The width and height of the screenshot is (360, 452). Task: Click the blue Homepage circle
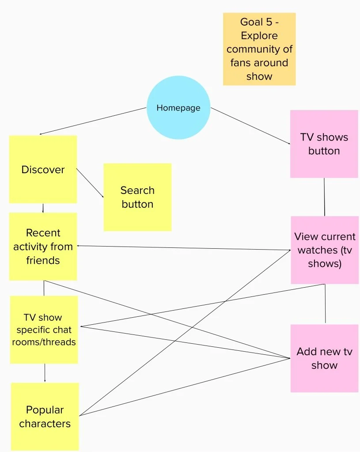(178, 108)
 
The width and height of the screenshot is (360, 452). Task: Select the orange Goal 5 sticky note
(259, 49)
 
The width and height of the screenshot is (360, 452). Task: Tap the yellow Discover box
(43, 169)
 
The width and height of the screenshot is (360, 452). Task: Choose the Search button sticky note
(137, 197)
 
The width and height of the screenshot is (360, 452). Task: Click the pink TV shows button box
(324, 144)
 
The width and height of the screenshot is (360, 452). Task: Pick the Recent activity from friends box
(43, 247)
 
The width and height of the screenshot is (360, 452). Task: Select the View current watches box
(325, 250)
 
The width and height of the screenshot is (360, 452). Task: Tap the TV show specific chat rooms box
(44, 330)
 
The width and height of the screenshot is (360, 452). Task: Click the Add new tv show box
(324, 358)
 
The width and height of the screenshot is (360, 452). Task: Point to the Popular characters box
(45, 417)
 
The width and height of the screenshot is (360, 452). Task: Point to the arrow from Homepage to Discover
(93, 121)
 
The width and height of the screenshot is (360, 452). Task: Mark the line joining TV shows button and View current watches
(325, 197)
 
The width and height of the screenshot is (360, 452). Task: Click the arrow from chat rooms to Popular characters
(45, 372)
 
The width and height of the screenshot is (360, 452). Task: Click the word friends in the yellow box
(43, 260)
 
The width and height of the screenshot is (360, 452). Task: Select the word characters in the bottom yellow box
(45, 424)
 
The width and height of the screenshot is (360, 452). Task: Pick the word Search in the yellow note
(137, 190)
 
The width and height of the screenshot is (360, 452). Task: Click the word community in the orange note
(259, 49)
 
